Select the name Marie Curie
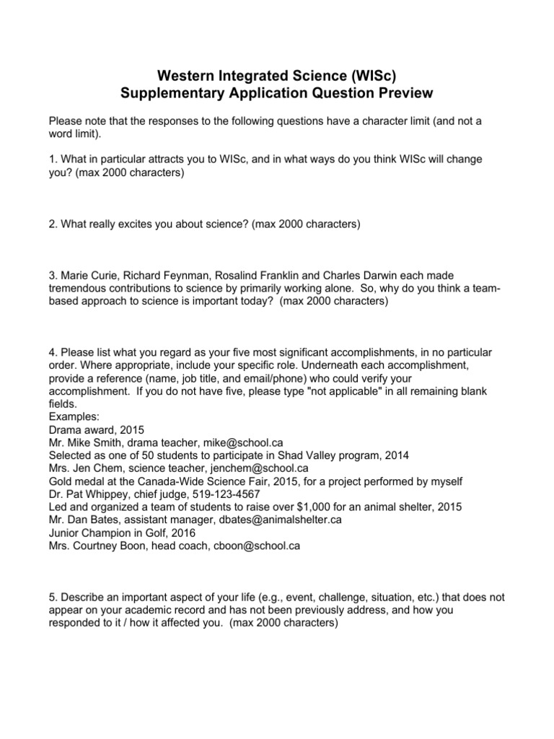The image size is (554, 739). click(x=88, y=275)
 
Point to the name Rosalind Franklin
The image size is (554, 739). click(x=256, y=275)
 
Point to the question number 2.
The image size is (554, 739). click(x=52, y=224)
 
